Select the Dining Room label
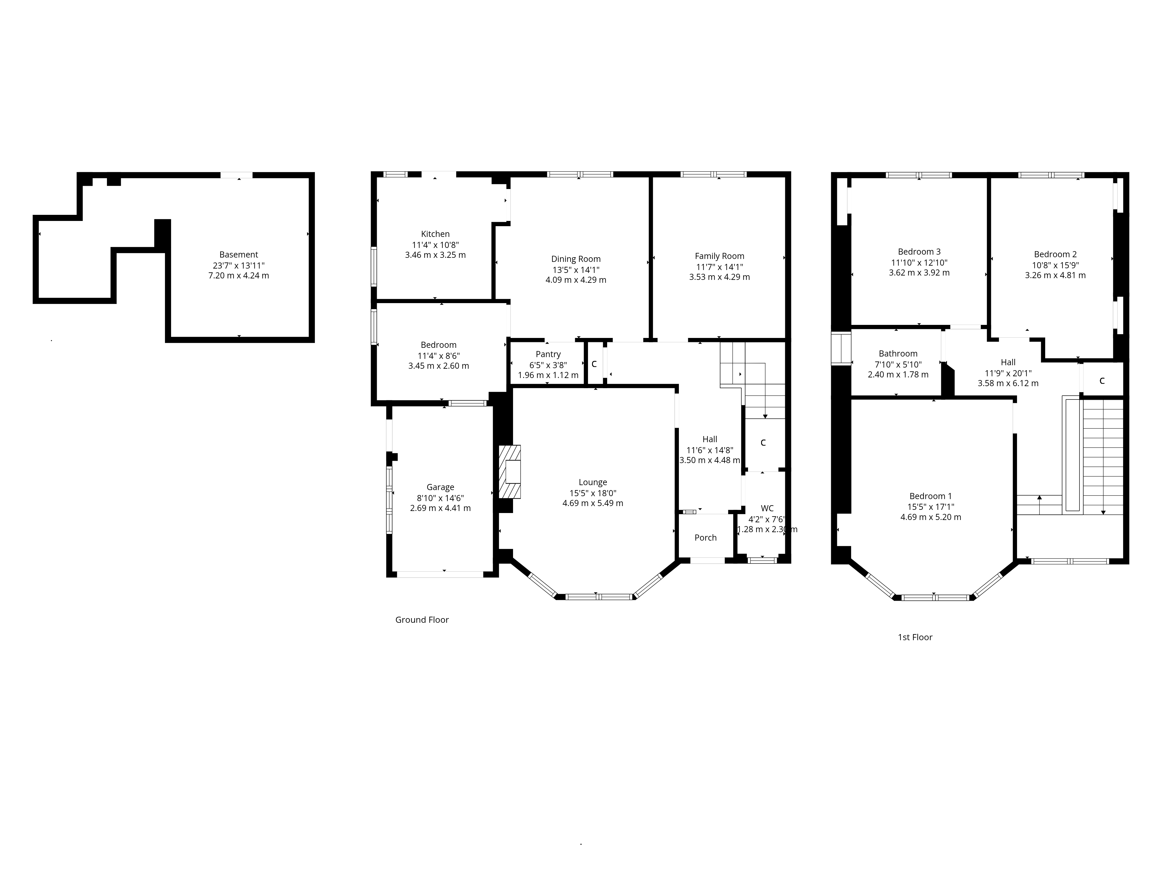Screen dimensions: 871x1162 576,259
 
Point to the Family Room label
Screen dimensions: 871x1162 719,256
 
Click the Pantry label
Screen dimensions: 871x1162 548,354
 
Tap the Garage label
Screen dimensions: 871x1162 440,487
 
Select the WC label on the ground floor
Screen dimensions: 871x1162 767,508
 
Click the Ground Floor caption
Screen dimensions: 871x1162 422,620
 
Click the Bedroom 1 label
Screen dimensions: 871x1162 930,496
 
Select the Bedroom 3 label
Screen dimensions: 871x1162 919,252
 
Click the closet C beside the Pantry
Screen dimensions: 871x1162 594,364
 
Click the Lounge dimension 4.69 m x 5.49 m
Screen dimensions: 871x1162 593,503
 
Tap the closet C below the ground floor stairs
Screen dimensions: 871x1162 763,442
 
